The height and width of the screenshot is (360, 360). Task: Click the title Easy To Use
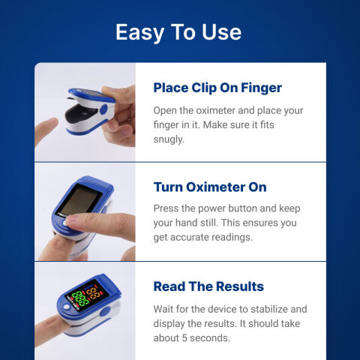coord(178,32)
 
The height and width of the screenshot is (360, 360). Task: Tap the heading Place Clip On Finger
coord(217,88)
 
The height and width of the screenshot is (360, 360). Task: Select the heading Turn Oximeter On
coord(209,187)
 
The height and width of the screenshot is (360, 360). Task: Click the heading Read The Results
coord(208,286)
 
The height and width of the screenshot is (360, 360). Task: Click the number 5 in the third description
coord(188,337)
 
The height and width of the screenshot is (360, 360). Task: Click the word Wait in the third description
coord(166,309)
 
